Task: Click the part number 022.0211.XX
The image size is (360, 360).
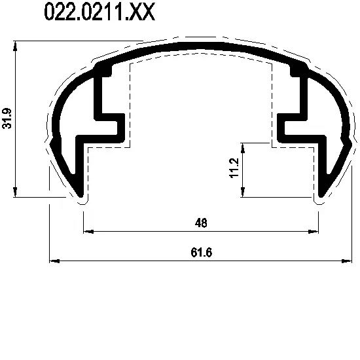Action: (x=99, y=12)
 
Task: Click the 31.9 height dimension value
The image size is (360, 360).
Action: (x=7, y=118)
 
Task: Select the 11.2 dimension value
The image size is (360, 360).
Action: (x=234, y=168)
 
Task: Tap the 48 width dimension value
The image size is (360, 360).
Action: (x=201, y=223)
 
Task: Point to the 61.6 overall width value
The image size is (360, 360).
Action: (x=202, y=253)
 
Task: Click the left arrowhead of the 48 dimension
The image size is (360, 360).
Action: (x=88, y=232)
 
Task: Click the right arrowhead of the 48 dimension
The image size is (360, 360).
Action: (x=314, y=232)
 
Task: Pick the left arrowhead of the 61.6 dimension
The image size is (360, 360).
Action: (x=54, y=261)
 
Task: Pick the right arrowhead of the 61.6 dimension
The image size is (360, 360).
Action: (x=346, y=261)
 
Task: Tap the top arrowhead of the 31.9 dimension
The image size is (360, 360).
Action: (x=15, y=46)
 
